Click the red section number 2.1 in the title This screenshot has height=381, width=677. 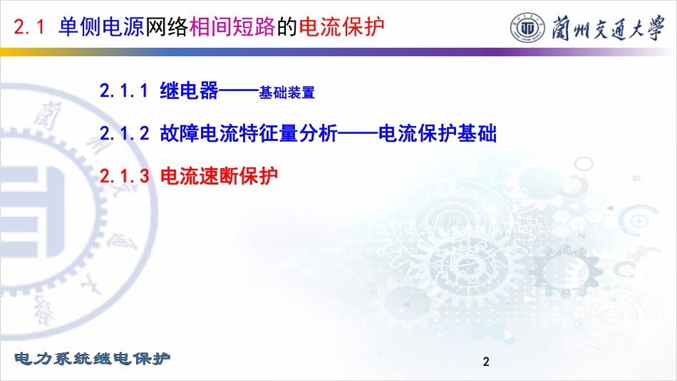click(x=29, y=27)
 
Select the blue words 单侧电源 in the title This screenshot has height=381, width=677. click(x=101, y=26)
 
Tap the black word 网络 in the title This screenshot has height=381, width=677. click(x=167, y=26)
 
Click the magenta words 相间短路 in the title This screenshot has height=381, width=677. click(x=232, y=26)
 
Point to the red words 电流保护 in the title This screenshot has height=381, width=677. click(x=341, y=26)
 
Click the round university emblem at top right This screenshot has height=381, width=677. click(x=527, y=28)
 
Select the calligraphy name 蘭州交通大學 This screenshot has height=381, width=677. click(x=608, y=28)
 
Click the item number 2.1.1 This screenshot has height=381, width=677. click(x=124, y=91)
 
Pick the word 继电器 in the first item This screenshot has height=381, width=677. click(x=189, y=90)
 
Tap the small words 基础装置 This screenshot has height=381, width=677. click(x=286, y=93)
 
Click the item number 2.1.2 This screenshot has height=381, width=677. click(x=124, y=133)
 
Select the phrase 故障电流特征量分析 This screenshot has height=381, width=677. click(x=249, y=133)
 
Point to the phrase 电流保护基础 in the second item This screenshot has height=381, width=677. click(x=438, y=133)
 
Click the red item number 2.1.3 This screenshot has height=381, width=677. click(x=124, y=176)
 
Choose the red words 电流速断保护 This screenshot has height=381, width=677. click(x=219, y=175)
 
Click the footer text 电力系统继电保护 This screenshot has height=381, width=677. click(x=93, y=358)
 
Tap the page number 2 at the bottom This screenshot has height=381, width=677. click(x=486, y=362)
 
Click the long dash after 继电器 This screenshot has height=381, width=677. click(x=239, y=91)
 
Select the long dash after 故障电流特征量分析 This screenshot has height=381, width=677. click(x=358, y=133)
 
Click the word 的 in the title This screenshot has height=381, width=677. click(x=287, y=26)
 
